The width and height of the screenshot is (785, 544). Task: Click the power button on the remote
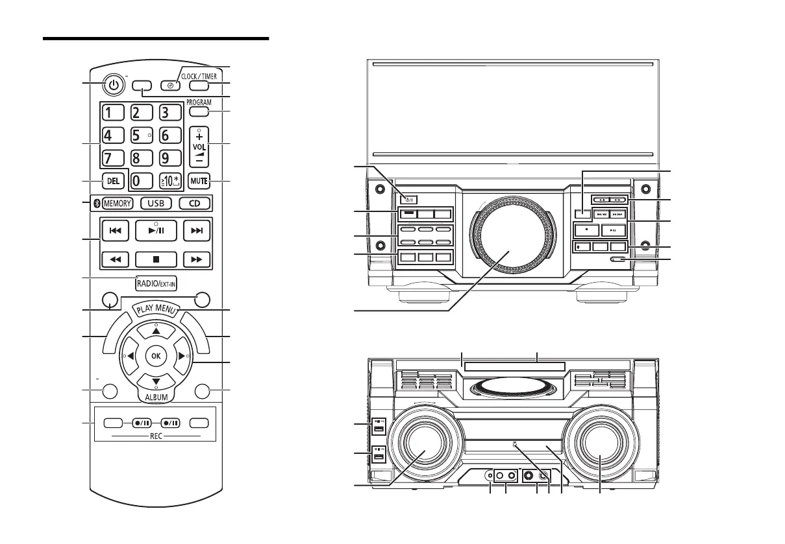point(114,86)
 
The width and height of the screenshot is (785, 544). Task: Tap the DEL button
point(113,181)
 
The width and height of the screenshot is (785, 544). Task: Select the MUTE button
point(199,181)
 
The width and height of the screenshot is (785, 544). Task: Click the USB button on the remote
point(156,203)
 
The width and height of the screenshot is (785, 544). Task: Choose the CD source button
point(194,203)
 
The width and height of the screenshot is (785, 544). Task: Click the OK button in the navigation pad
point(155,355)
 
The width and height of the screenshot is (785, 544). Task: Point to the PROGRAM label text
point(199,102)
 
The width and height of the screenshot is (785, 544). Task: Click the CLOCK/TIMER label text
point(199,76)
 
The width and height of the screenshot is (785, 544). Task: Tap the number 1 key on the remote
point(113,112)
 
